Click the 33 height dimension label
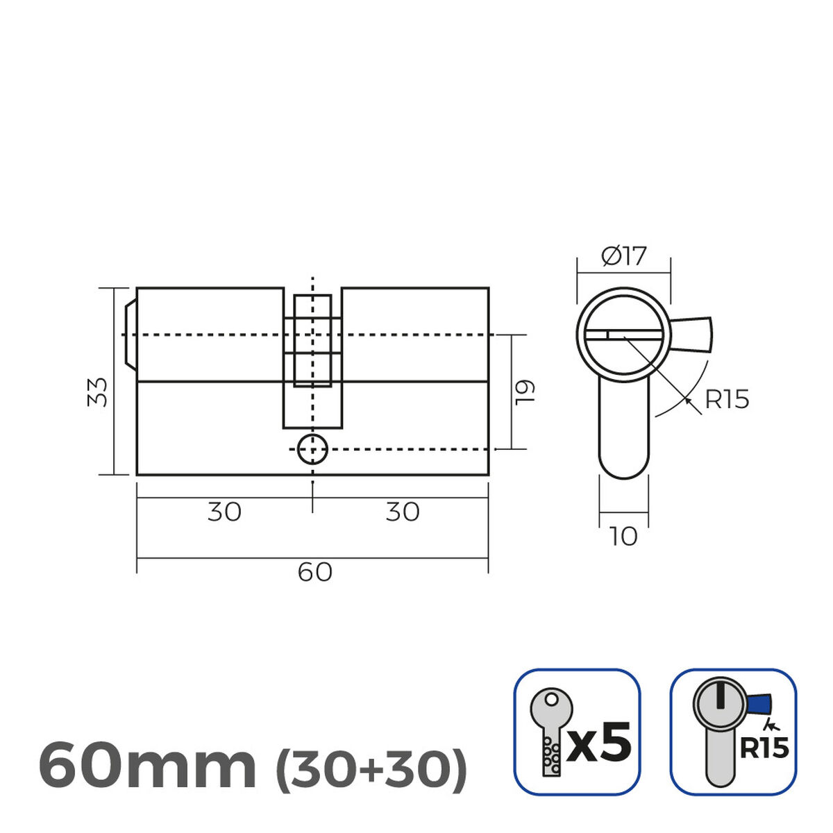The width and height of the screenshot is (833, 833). point(99,392)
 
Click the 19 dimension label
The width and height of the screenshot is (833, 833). point(525,392)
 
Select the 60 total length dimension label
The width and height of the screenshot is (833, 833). point(315,573)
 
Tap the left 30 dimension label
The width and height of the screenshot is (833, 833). point(224,512)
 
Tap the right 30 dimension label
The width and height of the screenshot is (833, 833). point(403,512)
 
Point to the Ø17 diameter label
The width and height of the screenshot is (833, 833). point(623,256)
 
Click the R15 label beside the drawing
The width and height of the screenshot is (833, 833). point(727,400)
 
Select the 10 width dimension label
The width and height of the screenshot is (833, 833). point(623,537)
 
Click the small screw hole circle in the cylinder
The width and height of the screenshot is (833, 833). point(312,450)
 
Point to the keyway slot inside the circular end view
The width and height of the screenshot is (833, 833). point(623,335)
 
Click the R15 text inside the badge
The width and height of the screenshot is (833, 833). point(764,748)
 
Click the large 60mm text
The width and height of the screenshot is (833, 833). point(147,766)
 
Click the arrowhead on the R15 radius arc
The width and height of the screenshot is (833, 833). point(687,398)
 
